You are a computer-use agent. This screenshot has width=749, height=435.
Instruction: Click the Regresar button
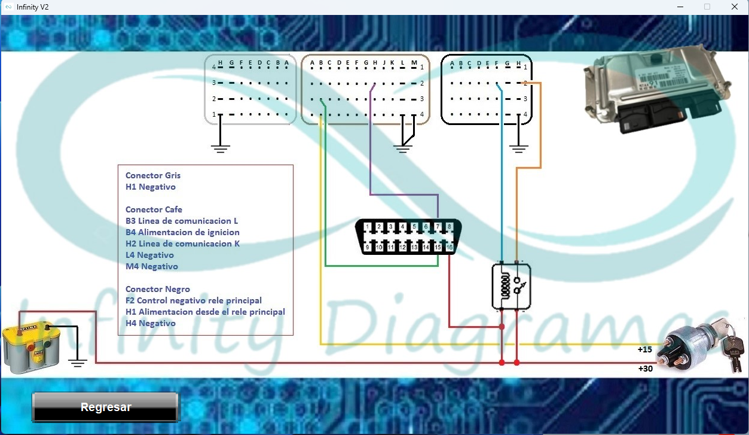[105, 407]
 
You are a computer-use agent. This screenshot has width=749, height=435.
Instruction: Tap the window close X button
[734, 7]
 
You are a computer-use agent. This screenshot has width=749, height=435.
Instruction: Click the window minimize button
[680, 7]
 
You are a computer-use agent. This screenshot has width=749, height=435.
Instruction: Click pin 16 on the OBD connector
[450, 247]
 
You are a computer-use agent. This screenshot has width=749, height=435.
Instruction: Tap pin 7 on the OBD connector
[438, 227]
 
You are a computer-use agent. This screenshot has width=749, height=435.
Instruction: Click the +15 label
[644, 349]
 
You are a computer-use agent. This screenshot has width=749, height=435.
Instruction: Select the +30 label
[646, 369]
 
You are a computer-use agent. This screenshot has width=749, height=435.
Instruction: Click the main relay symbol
[511, 287]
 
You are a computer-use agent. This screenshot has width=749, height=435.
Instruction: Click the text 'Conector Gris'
[153, 175]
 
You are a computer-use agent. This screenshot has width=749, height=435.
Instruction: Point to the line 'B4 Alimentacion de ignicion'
[182, 232]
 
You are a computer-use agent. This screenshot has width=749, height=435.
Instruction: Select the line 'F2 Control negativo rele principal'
[194, 300]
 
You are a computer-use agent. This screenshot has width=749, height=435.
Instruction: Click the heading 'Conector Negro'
[157, 289]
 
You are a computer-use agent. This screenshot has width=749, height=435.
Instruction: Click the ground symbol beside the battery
[78, 363]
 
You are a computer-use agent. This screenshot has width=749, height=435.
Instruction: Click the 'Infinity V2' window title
[32, 7]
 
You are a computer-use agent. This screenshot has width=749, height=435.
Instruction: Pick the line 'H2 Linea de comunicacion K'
[182, 244]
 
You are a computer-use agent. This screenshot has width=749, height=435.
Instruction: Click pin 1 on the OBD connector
[367, 227]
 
